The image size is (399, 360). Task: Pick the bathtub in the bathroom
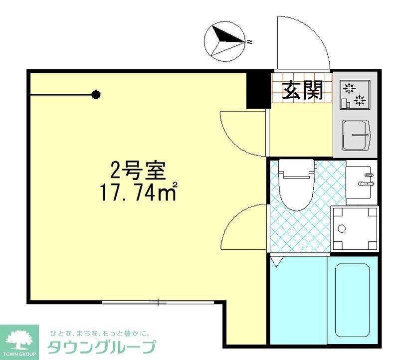[x=352, y=300]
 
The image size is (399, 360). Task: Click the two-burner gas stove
[x=355, y=95]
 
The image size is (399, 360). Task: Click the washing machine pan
[x=356, y=229]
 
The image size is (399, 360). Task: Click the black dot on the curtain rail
[x=96, y=94]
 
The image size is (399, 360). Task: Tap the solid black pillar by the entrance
[x=258, y=90]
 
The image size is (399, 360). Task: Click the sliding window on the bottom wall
[x=158, y=302]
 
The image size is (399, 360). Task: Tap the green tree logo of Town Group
[x=18, y=339]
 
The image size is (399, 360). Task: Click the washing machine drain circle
[x=342, y=229]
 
